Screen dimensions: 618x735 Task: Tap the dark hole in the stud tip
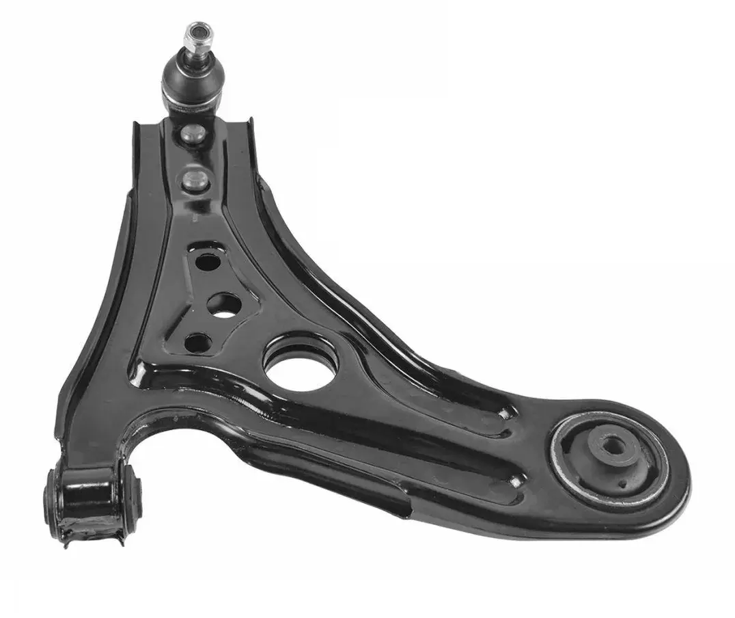(x=197, y=30)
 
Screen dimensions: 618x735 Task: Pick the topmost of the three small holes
(x=208, y=260)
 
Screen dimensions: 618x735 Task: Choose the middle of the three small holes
(x=223, y=304)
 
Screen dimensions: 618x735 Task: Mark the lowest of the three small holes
(x=197, y=342)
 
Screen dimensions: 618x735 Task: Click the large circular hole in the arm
(x=301, y=365)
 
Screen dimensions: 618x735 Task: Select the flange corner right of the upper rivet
(x=248, y=126)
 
